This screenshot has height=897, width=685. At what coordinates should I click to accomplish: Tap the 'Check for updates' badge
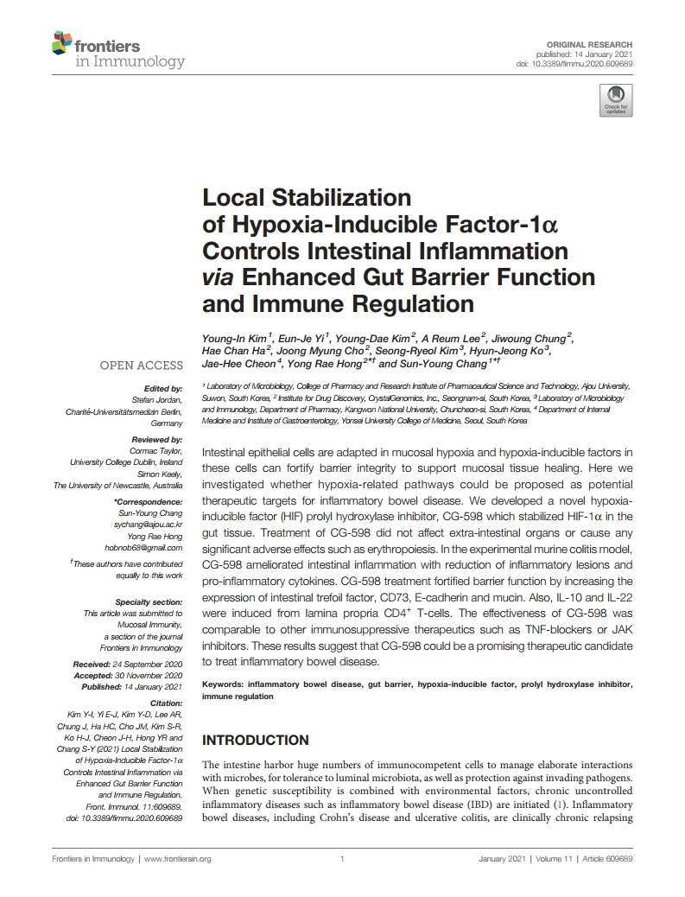tap(615, 100)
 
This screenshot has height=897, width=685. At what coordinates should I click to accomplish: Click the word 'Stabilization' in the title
tap(336, 198)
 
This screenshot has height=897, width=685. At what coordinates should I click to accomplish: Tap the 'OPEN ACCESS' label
tap(142, 366)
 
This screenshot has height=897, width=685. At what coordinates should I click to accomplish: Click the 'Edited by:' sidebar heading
tap(165, 389)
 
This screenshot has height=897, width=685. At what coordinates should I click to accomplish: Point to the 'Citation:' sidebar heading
tap(165, 703)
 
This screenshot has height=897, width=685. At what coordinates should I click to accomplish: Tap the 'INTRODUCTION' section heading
tap(255, 740)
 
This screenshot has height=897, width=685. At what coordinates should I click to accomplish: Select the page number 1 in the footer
tap(343, 859)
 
